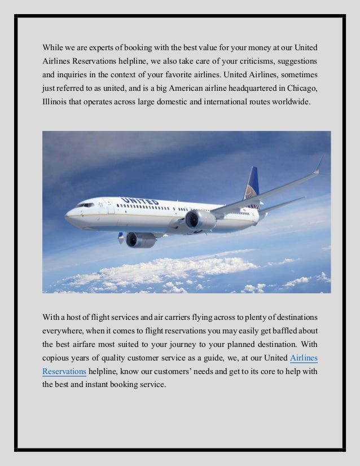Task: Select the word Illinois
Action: pyautogui.click(x=55, y=103)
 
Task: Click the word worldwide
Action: pyautogui.click(x=290, y=103)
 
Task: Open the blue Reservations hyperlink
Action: pyautogui.click(x=64, y=372)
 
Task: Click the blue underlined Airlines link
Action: pyautogui.click(x=303, y=357)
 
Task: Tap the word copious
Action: pyautogui.click(x=56, y=357)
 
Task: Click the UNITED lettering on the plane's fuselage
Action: pyautogui.click(x=140, y=201)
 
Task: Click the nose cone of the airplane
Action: pyautogui.click(x=68, y=215)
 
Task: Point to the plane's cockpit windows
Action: pyautogui.click(x=85, y=205)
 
